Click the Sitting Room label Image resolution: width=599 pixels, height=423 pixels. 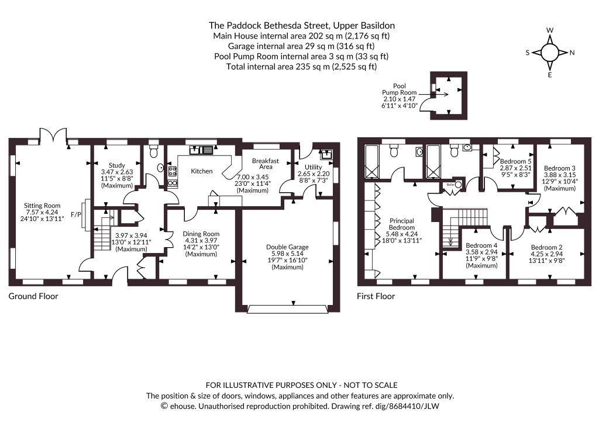(x=42, y=206)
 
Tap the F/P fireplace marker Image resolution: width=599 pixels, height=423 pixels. (x=76, y=215)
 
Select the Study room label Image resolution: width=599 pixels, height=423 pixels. (x=117, y=165)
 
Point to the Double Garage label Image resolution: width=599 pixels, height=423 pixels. (x=287, y=247)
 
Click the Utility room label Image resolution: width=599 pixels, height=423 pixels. (x=314, y=167)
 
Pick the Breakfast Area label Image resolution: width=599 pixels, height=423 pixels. (x=266, y=164)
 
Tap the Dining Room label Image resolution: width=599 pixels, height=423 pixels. (x=201, y=234)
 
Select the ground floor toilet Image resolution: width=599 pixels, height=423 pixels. (x=154, y=151)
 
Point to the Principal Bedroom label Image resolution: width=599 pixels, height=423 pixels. (x=402, y=224)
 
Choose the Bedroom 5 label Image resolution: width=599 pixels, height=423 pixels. (x=516, y=161)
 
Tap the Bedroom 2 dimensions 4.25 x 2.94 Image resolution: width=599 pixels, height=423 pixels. (x=546, y=254)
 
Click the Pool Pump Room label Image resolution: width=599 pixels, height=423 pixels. (x=399, y=89)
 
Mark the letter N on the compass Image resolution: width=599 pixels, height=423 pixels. (x=572, y=53)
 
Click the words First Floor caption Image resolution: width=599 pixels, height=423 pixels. (x=376, y=296)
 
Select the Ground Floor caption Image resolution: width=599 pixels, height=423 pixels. (x=33, y=296)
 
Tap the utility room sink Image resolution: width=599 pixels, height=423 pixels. (x=326, y=154)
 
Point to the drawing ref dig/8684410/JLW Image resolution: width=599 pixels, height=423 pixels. (x=385, y=406)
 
